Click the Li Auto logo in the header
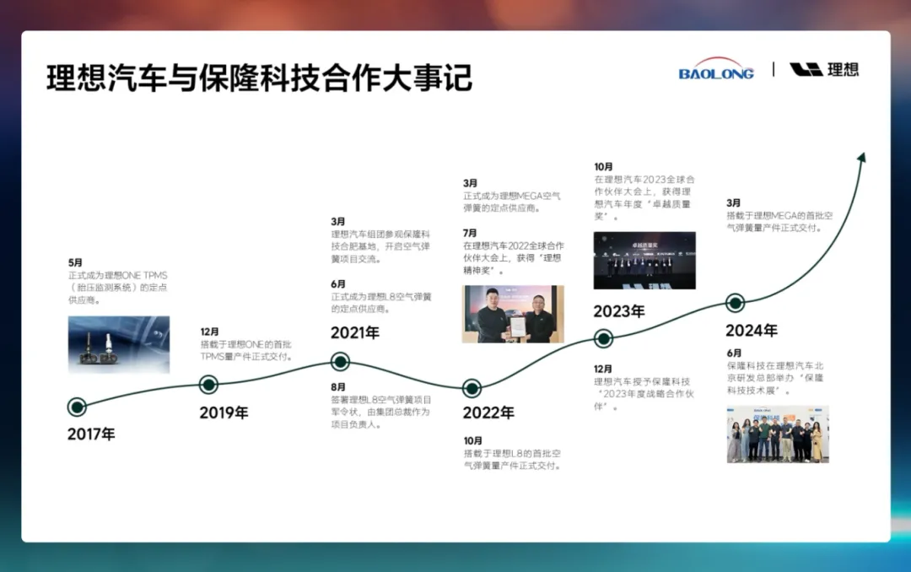824,70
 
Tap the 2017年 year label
91,434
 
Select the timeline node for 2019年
208,384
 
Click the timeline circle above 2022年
472,388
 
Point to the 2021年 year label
355,332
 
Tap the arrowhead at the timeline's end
862,158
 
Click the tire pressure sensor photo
119,344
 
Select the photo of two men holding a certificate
513,314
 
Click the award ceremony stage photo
644,261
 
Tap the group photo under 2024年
778,434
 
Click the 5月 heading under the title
76,262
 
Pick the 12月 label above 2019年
210,332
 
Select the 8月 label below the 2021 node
338,386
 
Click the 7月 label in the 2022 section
470,233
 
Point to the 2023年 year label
619,311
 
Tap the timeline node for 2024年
736,303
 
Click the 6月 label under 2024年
735,353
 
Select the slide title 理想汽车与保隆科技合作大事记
259,78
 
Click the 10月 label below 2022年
473,440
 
